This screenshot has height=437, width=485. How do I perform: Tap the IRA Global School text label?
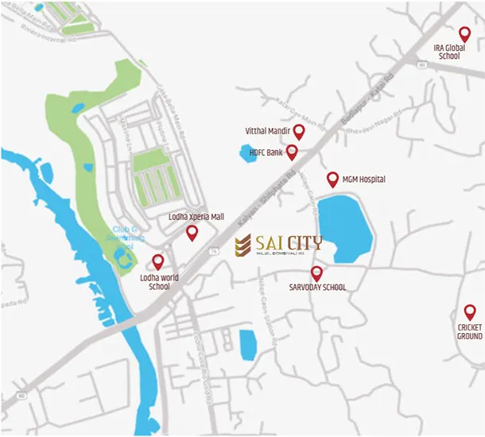(x=448, y=52)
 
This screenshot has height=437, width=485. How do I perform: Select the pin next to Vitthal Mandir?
(x=299, y=131)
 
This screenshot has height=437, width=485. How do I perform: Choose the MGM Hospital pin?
(x=332, y=179)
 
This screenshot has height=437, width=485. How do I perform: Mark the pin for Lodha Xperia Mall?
(x=191, y=232)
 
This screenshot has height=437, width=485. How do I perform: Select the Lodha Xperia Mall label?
(x=191, y=216)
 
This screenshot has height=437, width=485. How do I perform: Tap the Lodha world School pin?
(x=157, y=261)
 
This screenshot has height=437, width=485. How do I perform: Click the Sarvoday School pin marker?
(x=316, y=273)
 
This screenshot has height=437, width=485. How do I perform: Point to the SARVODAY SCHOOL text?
(x=317, y=288)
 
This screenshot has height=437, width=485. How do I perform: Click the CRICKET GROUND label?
(x=469, y=331)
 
